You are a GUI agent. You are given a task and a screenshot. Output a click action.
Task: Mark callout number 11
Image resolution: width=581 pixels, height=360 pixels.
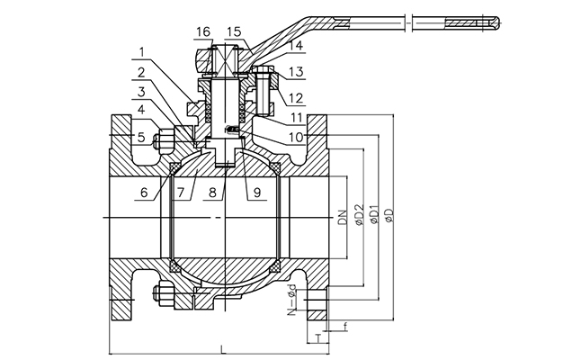[x=299, y=117]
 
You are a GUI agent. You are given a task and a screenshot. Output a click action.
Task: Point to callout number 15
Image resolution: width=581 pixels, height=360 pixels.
[x=234, y=32]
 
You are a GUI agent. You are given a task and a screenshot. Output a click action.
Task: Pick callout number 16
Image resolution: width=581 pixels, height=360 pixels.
[x=203, y=32]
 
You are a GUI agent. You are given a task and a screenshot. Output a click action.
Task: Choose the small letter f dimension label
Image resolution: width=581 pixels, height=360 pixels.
[x=345, y=325]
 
